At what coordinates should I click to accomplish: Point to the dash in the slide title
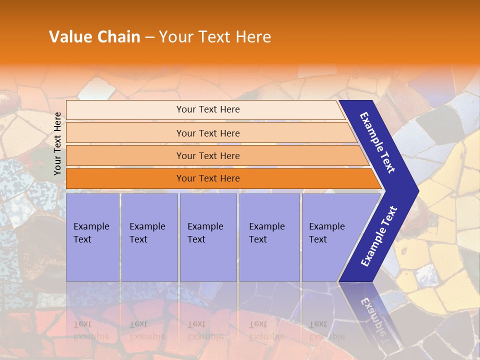(149, 37)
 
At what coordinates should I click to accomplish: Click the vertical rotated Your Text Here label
(57, 143)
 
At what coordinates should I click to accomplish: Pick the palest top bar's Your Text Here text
(208, 109)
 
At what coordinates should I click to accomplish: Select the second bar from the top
(208, 133)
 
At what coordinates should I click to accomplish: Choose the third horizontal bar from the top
(208, 156)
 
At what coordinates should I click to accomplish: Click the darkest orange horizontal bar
(208, 178)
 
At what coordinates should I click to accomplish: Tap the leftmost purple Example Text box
(92, 237)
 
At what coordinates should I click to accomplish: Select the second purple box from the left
(149, 237)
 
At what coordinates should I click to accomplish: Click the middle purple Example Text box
(207, 237)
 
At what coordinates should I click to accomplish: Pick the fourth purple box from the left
(269, 237)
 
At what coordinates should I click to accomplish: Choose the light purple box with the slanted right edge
(330, 237)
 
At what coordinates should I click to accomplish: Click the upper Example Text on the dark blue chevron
(377, 142)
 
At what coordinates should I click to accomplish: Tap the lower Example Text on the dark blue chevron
(379, 236)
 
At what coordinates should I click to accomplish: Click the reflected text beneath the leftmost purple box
(91, 330)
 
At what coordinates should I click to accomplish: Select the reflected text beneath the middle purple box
(205, 330)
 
